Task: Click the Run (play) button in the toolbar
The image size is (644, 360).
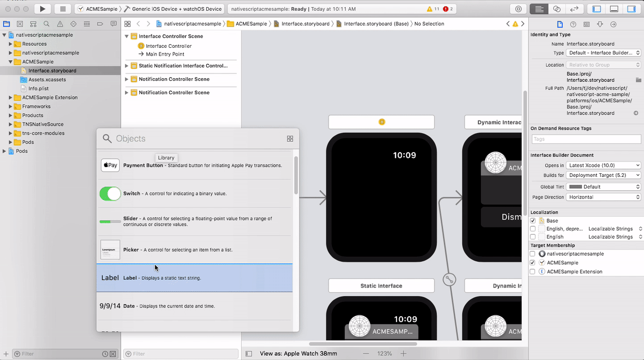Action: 43,9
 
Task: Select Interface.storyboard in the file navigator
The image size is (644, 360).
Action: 52,70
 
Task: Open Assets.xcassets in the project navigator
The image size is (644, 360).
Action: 47,80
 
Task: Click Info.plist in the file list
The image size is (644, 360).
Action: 39,88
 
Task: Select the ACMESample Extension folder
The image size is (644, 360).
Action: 49,97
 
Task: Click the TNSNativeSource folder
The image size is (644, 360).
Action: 43,124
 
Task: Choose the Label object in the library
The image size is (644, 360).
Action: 194,278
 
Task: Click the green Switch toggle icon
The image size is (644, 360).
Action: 110,193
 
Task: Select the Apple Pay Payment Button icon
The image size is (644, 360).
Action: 110,165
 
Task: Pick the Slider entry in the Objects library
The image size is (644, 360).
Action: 194,222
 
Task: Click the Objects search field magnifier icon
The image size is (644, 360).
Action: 107,138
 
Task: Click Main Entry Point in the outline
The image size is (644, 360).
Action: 165,54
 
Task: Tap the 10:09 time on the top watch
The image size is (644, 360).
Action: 404,155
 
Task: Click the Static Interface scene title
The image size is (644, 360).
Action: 381,285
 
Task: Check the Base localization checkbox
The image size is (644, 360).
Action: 533,221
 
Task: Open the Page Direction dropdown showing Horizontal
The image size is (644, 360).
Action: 603,197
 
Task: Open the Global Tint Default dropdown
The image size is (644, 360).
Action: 603,187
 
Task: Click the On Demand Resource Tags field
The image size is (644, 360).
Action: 586,139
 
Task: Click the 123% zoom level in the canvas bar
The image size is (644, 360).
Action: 384,354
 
